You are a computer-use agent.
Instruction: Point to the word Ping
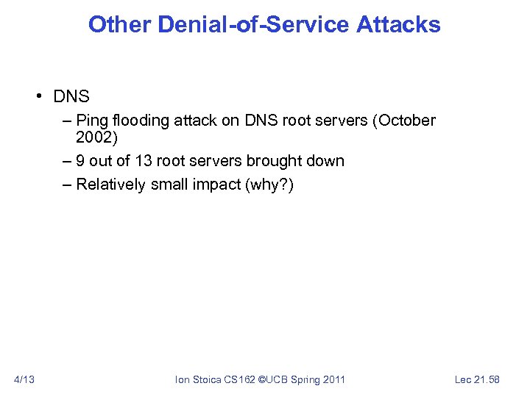point(92,120)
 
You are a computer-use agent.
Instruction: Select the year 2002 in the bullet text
point(92,138)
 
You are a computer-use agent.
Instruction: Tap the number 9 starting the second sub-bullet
point(80,160)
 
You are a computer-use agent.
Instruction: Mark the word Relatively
point(110,184)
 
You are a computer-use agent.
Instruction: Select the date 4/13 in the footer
point(25,379)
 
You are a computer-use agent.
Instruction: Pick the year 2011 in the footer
point(333,379)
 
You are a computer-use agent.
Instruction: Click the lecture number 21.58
point(487,379)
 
